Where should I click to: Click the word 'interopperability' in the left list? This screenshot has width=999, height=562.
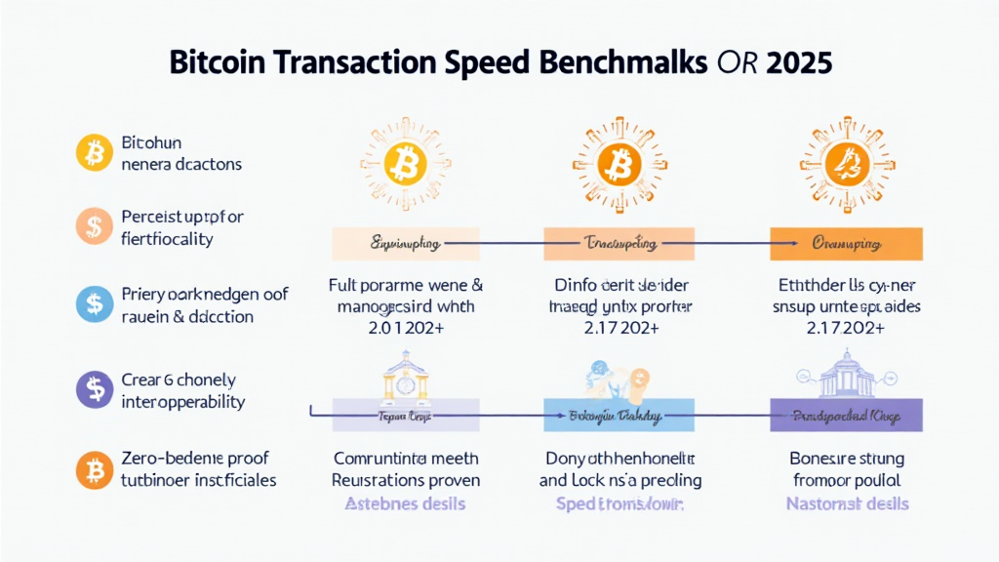pyautogui.click(x=183, y=402)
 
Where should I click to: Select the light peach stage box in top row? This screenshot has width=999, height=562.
pyautogui.click(x=406, y=244)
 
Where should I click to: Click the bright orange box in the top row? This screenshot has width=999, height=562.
pyautogui.click(x=845, y=244)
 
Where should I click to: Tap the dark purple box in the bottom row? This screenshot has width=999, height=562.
pyautogui.click(x=845, y=416)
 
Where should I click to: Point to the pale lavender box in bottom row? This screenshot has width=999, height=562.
pyautogui.click(x=406, y=416)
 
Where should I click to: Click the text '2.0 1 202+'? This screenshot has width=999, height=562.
pyautogui.click(x=406, y=329)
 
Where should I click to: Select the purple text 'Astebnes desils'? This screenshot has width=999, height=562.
pyautogui.click(x=406, y=503)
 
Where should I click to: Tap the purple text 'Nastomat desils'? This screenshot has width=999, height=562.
pyautogui.click(x=847, y=503)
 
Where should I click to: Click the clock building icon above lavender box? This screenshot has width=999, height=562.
pyautogui.click(x=406, y=376)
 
